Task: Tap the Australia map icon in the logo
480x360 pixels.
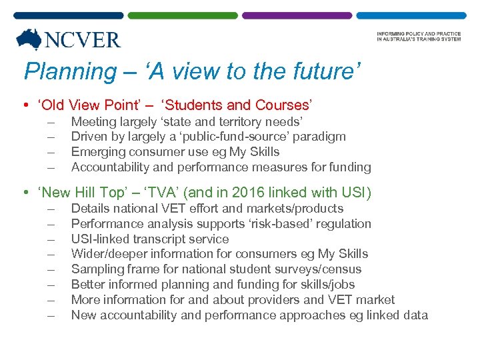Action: coord(29,39)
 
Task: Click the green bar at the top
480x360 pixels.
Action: coord(182,15)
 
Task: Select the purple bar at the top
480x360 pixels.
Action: coord(296,15)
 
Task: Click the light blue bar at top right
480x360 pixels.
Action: coord(410,15)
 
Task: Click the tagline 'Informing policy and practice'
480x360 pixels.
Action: coord(418,34)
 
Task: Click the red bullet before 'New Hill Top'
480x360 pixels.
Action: coord(25,193)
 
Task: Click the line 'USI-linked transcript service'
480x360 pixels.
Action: coord(150,239)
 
